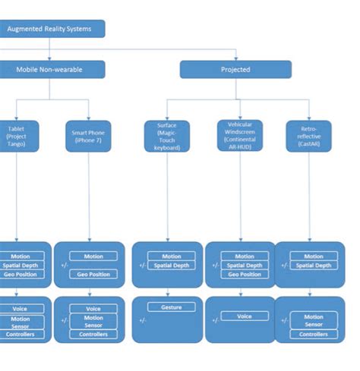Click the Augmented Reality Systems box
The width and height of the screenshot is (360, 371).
pos(49,29)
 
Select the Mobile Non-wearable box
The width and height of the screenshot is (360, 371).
pos(49,70)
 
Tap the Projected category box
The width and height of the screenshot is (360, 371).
pos(235,70)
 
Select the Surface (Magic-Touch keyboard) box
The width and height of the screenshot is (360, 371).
pos(167,136)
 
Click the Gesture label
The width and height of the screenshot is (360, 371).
pos(171,307)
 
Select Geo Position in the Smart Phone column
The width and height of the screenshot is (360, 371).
pos(93,274)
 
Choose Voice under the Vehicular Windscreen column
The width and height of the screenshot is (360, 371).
pos(244,316)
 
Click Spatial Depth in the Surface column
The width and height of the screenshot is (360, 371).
pos(171,266)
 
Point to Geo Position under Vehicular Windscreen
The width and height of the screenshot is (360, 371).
pos(244,275)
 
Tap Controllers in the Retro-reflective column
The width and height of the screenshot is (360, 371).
pos(313,335)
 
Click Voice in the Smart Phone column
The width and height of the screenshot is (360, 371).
pos(93,309)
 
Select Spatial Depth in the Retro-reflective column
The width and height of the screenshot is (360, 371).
pos(313,266)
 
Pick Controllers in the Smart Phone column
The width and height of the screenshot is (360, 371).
pos(93,335)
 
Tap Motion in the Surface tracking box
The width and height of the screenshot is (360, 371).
pos(171,256)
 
